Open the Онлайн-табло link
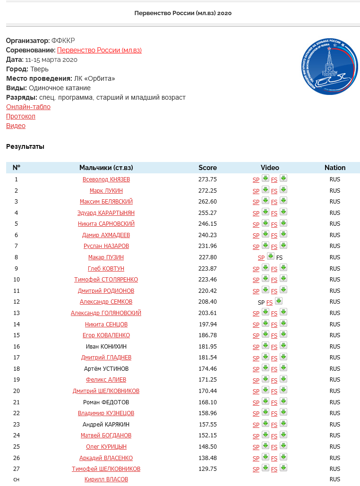pyautogui.click(x=28, y=107)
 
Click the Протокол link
pyautogui.click(x=21, y=116)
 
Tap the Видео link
pyautogui.click(x=16, y=126)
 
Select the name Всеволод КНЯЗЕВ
pyautogui.click(x=106, y=179)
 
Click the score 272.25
pyautogui.click(x=207, y=190)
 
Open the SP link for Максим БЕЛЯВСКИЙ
pyautogui.click(x=256, y=202)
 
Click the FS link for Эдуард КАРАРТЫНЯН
pyautogui.click(x=274, y=213)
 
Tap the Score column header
pyautogui.click(x=207, y=168)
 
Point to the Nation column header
pyautogui.click(x=335, y=168)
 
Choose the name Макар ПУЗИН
pyautogui.click(x=106, y=257)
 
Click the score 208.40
pyautogui.click(x=207, y=302)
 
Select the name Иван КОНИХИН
pyautogui.click(x=106, y=347)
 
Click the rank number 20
pyautogui.click(x=16, y=391)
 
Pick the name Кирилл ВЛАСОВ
pyautogui.click(x=106, y=479)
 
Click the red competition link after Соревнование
pyautogui.click(x=99, y=50)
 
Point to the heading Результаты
pyautogui.click(x=25, y=146)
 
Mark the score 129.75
pyautogui.click(x=207, y=469)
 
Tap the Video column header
pyautogui.click(x=270, y=168)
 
